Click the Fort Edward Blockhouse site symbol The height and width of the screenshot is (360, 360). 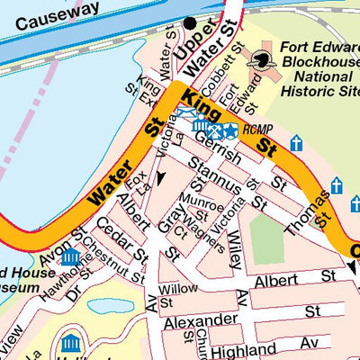(262, 60)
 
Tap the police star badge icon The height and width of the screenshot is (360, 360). (230, 130)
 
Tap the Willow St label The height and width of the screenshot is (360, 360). (177, 295)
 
